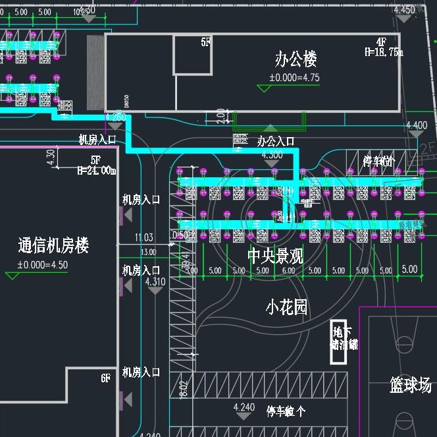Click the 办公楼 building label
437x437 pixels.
[296, 60]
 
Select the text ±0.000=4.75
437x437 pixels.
[294, 78]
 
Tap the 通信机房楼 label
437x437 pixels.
[53, 246]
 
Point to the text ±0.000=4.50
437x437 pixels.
[42, 266]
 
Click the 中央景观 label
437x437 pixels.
[275, 256]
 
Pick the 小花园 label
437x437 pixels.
[287, 307]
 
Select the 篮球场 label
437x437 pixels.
[410, 385]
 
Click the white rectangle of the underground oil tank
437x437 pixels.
[338, 342]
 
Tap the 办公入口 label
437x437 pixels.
[275, 142]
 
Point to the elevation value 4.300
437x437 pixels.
[272, 155]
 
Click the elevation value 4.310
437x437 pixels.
[155, 281]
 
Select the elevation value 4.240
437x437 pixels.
[244, 407]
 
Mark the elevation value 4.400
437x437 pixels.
[416, 125]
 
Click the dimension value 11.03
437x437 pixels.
[143, 237]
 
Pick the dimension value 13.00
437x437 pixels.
[148, 252]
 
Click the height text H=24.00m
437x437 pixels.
[96, 170]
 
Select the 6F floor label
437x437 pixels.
[106, 378]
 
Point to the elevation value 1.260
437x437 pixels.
[115, 117]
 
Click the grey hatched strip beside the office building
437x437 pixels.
[95, 73]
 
